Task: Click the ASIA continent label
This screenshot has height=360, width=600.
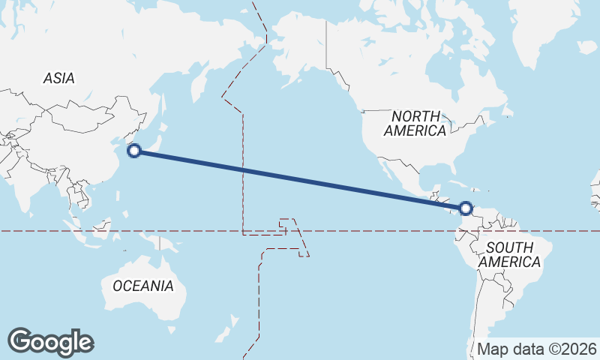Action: click(58, 78)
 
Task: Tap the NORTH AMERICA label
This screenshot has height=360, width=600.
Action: click(415, 123)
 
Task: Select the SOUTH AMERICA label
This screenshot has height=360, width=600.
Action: click(509, 255)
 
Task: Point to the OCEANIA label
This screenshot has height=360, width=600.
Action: click(143, 286)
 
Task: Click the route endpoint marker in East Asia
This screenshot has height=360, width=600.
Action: click(134, 151)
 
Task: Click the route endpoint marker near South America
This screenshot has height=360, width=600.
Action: click(466, 208)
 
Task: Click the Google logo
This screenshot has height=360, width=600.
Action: click(50, 341)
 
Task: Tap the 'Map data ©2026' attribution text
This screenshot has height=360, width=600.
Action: click(537, 349)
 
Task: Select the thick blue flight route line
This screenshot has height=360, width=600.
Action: click(300, 180)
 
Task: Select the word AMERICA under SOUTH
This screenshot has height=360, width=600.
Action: click(509, 262)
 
